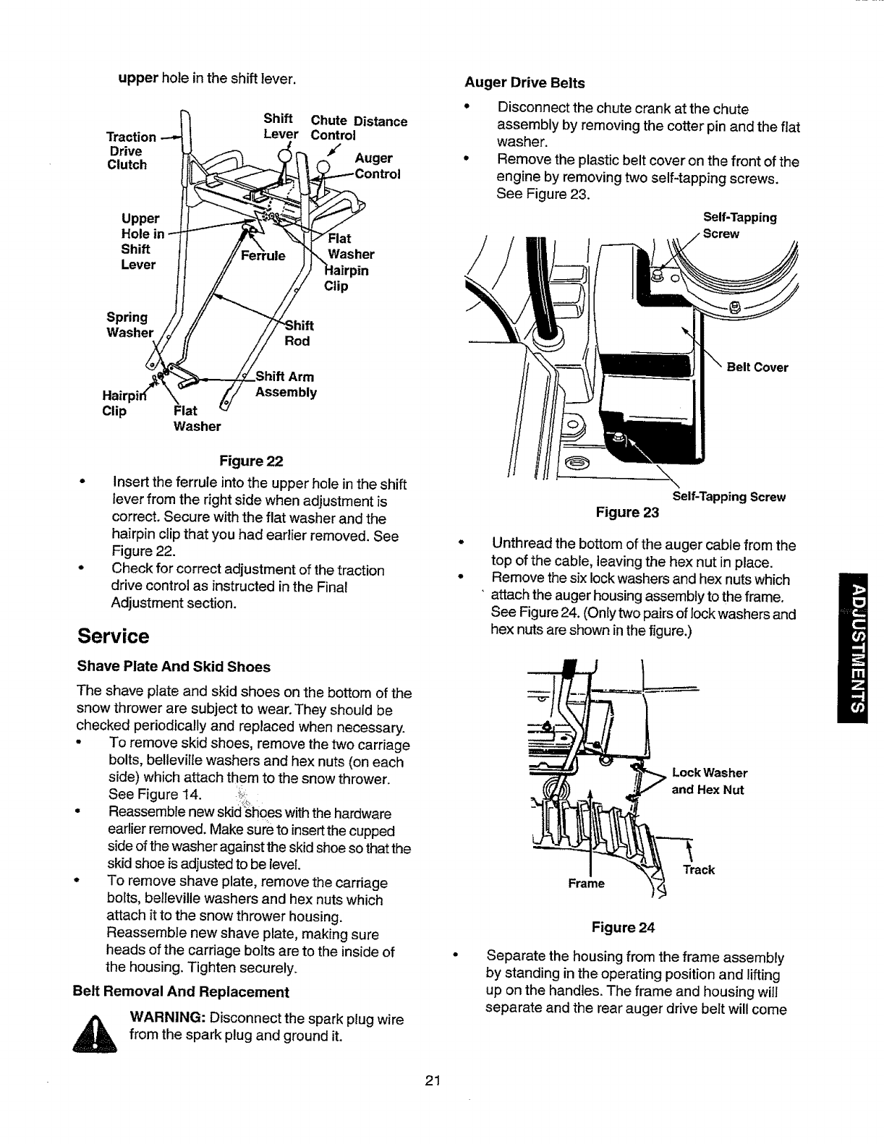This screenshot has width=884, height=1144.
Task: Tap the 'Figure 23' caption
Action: [627, 513]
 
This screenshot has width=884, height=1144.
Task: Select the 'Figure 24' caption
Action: [623, 928]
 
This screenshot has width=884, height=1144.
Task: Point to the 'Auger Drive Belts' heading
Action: [524, 82]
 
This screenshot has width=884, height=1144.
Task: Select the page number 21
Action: [433, 1082]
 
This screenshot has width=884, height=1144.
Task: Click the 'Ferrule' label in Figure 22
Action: [263, 256]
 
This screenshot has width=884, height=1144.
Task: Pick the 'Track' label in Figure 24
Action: [699, 870]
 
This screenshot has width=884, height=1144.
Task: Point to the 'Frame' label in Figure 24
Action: [586, 884]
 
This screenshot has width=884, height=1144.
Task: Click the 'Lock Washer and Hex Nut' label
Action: [709, 781]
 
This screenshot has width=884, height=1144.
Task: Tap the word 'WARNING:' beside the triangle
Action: [167, 1019]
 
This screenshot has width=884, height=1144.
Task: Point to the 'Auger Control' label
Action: [377, 166]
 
